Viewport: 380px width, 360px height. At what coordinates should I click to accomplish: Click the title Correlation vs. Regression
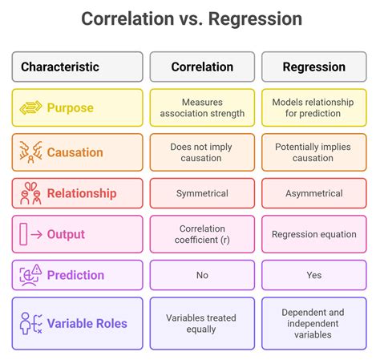click(191, 18)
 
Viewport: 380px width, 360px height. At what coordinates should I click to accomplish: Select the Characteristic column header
click(77, 67)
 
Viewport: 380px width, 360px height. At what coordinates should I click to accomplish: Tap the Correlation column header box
click(202, 67)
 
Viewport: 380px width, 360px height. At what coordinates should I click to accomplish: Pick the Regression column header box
click(313, 67)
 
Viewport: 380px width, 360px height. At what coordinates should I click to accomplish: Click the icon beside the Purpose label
click(30, 107)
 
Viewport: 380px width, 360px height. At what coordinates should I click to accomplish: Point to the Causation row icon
click(30, 152)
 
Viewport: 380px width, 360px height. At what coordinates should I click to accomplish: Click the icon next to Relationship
click(30, 193)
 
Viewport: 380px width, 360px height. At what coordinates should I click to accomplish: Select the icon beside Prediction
click(30, 275)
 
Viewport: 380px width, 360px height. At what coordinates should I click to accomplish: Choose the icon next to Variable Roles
click(30, 323)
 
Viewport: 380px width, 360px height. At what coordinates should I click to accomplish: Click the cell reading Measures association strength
click(202, 107)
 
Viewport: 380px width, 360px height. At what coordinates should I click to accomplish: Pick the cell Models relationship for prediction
click(313, 107)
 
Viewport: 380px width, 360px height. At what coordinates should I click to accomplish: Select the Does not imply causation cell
click(202, 152)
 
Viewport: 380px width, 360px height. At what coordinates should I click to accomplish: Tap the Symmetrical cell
click(202, 193)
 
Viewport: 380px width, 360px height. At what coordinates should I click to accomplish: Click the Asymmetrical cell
click(313, 193)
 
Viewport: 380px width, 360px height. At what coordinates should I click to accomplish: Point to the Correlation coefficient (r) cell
click(202, 234)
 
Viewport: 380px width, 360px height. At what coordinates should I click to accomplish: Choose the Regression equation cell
click(313, 234)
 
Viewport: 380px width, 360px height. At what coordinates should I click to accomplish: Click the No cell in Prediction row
click(202, 275)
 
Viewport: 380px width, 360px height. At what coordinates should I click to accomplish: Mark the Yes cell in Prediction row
click(313, 275)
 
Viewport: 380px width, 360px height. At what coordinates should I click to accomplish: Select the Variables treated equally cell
click(202, 323)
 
